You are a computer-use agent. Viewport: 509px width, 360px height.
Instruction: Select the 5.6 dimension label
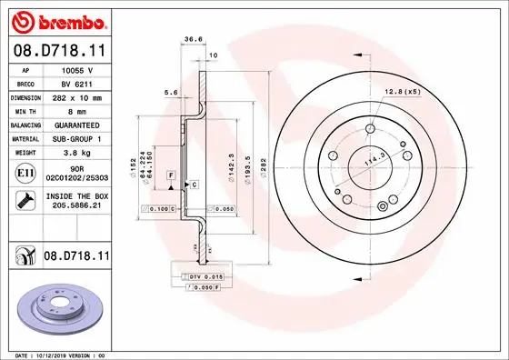pos(168,92)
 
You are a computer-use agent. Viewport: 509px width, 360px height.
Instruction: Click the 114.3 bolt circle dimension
pos(371,160)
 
